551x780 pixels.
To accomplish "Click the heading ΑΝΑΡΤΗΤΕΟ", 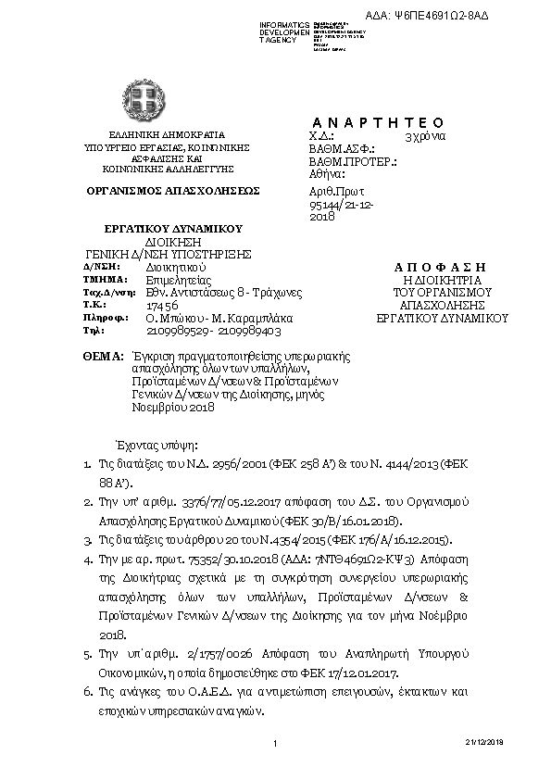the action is [x=378, y=123].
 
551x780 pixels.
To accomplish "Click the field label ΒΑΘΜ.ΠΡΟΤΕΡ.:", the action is [x=353, y=161].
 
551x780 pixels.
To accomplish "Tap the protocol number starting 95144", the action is [x=340, y=202].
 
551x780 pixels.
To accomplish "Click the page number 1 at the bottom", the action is [x=275, y=744].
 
